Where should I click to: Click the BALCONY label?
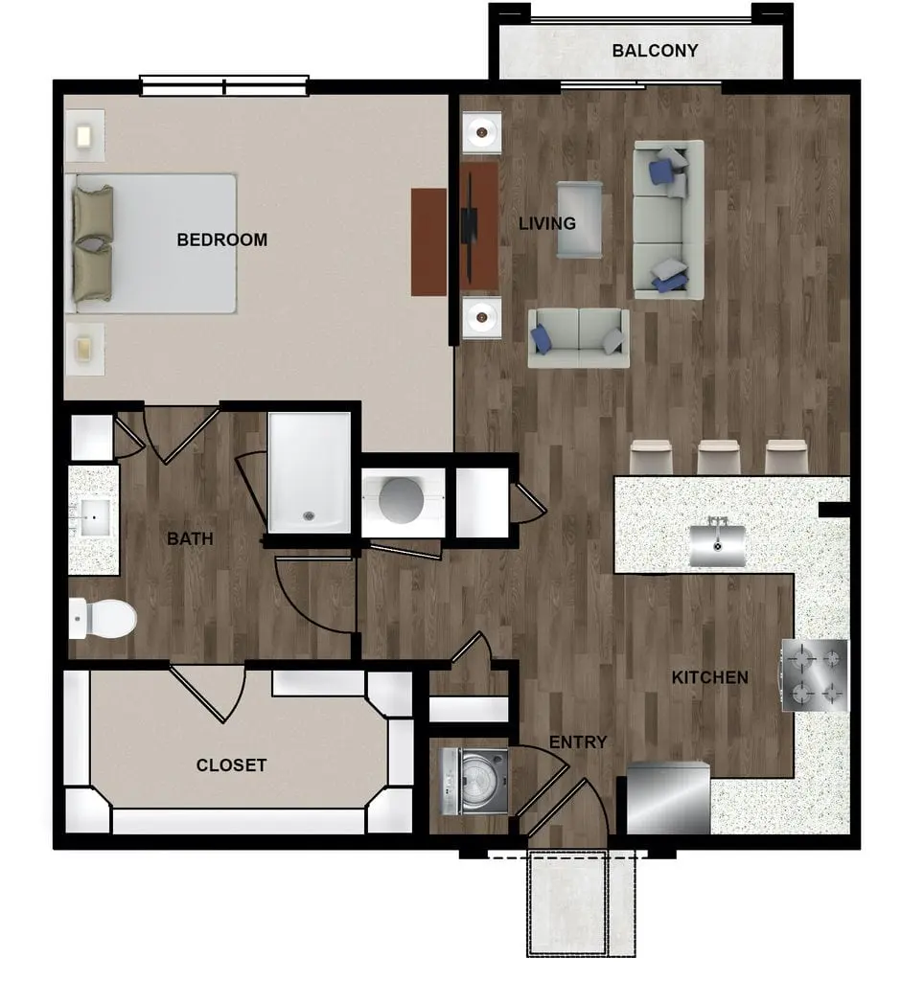(x=655, y=50)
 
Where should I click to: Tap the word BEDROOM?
(x=221, y=240)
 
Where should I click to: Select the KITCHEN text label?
(x=709, y=677)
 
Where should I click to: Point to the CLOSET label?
(x=231, y=765)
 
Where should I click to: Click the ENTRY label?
(x=577, y=742)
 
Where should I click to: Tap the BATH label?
(x=190, y=538)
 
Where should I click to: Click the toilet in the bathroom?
(x=103, y=619)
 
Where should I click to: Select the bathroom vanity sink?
(x=95, y=517)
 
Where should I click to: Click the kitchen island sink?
(x=718, y=543)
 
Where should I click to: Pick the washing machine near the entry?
(x=474, y=782)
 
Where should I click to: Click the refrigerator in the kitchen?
(x=668, y=798)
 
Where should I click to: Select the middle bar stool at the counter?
(x=719, y=457)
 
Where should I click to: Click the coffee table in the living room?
(x=580, y=219)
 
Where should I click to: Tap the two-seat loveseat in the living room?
(x=579, y=338)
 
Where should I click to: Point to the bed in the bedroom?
(x=150, y=243)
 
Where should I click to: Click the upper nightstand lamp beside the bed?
(x=84, y=136)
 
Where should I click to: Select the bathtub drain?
(x=308, y=516)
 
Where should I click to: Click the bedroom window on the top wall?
(x=223, y=85)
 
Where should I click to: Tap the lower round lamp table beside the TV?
(x=481, y=318)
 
